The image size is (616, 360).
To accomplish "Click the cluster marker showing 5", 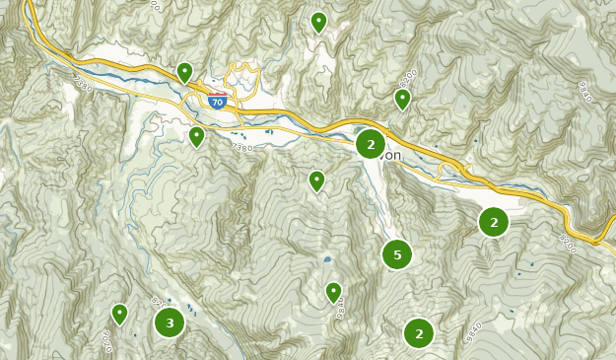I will (397, 254).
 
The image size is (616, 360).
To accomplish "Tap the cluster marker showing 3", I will (170, 323).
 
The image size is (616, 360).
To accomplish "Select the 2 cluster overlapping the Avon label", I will (371, 144).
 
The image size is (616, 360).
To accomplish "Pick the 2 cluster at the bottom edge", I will (419, 333).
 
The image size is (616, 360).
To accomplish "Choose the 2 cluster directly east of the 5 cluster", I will (494, 222).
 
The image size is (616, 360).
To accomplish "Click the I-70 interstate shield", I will (218, 101).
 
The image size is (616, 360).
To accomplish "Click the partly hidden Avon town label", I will (392, 155).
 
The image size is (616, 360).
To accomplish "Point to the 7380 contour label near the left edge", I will (82, 85).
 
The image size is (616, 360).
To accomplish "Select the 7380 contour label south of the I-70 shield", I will (242, 147).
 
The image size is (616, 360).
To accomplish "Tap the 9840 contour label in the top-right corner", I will (583, 92).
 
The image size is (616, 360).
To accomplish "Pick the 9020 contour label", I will (105, 340).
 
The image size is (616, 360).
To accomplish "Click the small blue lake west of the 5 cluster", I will (326, 259).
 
